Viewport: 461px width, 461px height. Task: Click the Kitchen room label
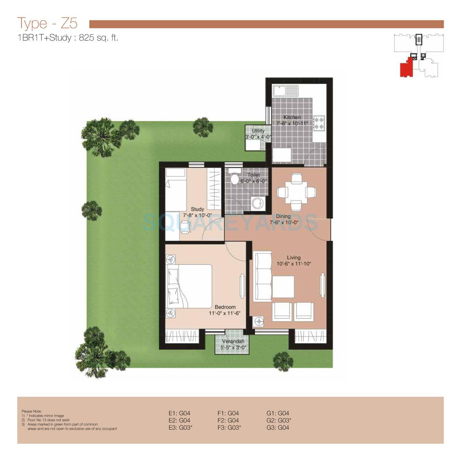click(x=292, y=117)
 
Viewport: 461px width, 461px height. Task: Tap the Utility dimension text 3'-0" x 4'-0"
click(x=259, y=137)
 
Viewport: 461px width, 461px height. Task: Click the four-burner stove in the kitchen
click(x=319, y=122)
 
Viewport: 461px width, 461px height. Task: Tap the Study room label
click(x=197, y=209)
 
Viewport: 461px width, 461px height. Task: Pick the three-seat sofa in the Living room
click(x=261, y=277)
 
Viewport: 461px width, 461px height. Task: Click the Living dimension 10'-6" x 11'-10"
click(x=294, y=264)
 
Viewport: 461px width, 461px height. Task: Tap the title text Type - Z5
click(x=47, y=23)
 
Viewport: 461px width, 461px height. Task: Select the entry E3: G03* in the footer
click(x=180, y=427)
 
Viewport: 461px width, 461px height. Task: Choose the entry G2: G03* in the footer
click(x=279, y=420)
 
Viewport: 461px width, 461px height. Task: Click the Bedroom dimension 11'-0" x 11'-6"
click(x=225, y=313)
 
